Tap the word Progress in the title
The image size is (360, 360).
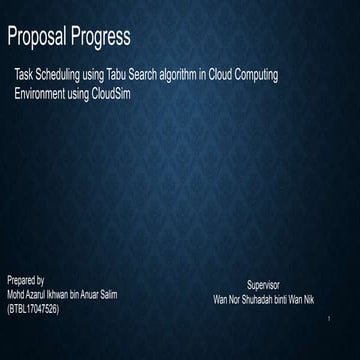102,39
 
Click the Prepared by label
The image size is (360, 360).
26,283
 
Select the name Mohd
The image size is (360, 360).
17,296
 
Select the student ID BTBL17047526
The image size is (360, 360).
33,309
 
